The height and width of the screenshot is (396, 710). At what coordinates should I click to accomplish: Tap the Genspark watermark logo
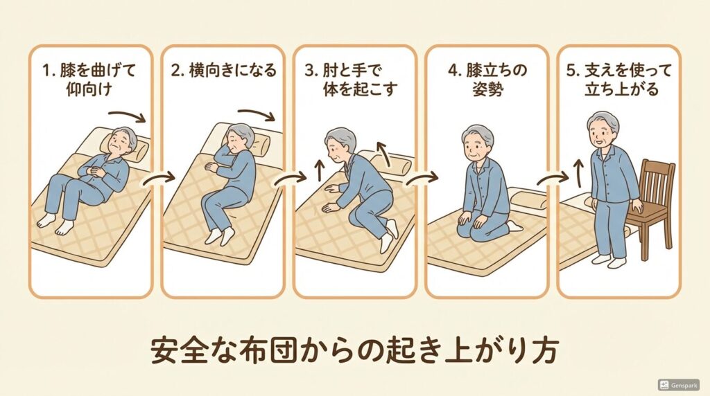(x=678, y=384)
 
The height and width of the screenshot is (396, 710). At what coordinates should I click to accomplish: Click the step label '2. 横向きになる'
(x=223, y=70)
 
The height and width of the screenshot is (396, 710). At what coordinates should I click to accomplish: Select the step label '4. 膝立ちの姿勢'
(x=487, y=80)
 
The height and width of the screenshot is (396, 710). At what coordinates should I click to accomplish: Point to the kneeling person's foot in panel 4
(x=514, y=226)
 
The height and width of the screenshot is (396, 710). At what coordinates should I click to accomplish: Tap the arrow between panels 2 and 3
(x=288, y=181)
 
